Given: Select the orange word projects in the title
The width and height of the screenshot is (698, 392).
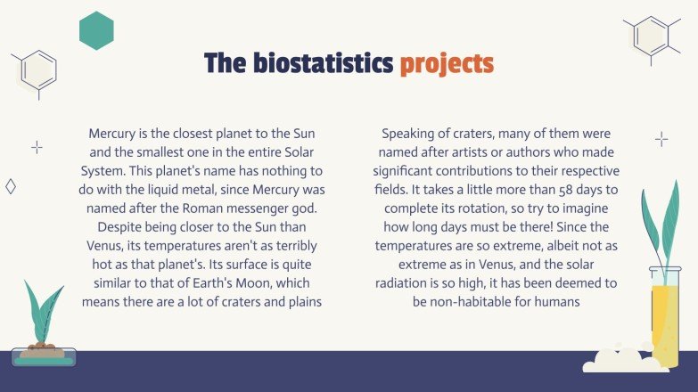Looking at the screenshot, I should [x=446, y=65].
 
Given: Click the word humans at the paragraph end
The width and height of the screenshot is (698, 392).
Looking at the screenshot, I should [x=556, y=302].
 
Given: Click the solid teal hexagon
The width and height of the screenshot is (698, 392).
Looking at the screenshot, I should [x=96, y=31].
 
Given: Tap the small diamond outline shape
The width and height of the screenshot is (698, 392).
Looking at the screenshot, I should [x=11, y=186].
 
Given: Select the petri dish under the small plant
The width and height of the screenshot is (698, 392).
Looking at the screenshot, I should [x=43, y=358].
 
